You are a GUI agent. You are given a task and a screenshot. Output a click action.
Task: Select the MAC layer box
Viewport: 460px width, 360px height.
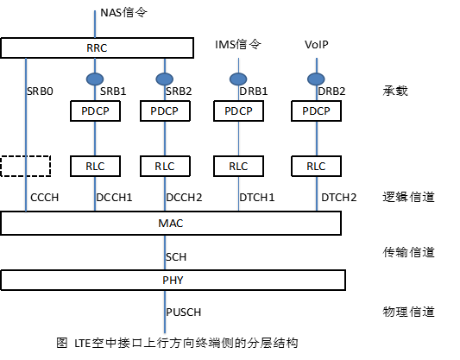coord(173,224)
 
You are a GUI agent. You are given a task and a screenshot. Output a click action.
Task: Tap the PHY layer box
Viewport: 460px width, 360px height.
coord(173,281)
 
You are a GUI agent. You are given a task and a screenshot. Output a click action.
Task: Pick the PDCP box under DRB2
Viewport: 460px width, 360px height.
coord(316,111)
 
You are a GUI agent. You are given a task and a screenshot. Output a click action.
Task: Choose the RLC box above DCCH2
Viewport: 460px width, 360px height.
coord(164,165)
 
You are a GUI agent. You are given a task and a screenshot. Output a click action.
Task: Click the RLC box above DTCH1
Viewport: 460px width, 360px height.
coord(238,165)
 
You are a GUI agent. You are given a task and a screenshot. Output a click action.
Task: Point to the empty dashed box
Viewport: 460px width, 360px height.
coord(26,165)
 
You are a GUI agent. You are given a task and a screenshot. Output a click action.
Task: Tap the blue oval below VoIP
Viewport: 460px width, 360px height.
coord(315,79)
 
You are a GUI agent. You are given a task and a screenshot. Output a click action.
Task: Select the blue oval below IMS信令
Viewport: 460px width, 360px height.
coord(238,79)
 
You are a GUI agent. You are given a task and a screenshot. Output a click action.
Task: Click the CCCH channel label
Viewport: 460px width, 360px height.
coord(46,198)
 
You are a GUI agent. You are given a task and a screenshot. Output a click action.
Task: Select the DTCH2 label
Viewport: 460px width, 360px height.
coord(338,198)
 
